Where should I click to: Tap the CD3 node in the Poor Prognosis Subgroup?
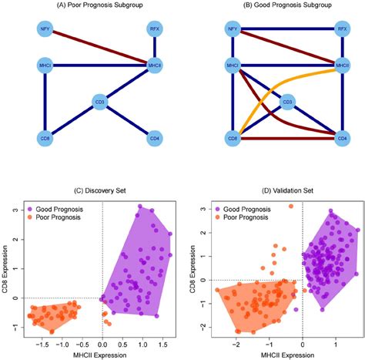point(99,101)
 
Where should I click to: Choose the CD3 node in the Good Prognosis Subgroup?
point(286,101)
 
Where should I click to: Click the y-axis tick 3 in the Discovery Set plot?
point(14,208)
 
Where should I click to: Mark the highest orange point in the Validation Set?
point(290,207)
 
